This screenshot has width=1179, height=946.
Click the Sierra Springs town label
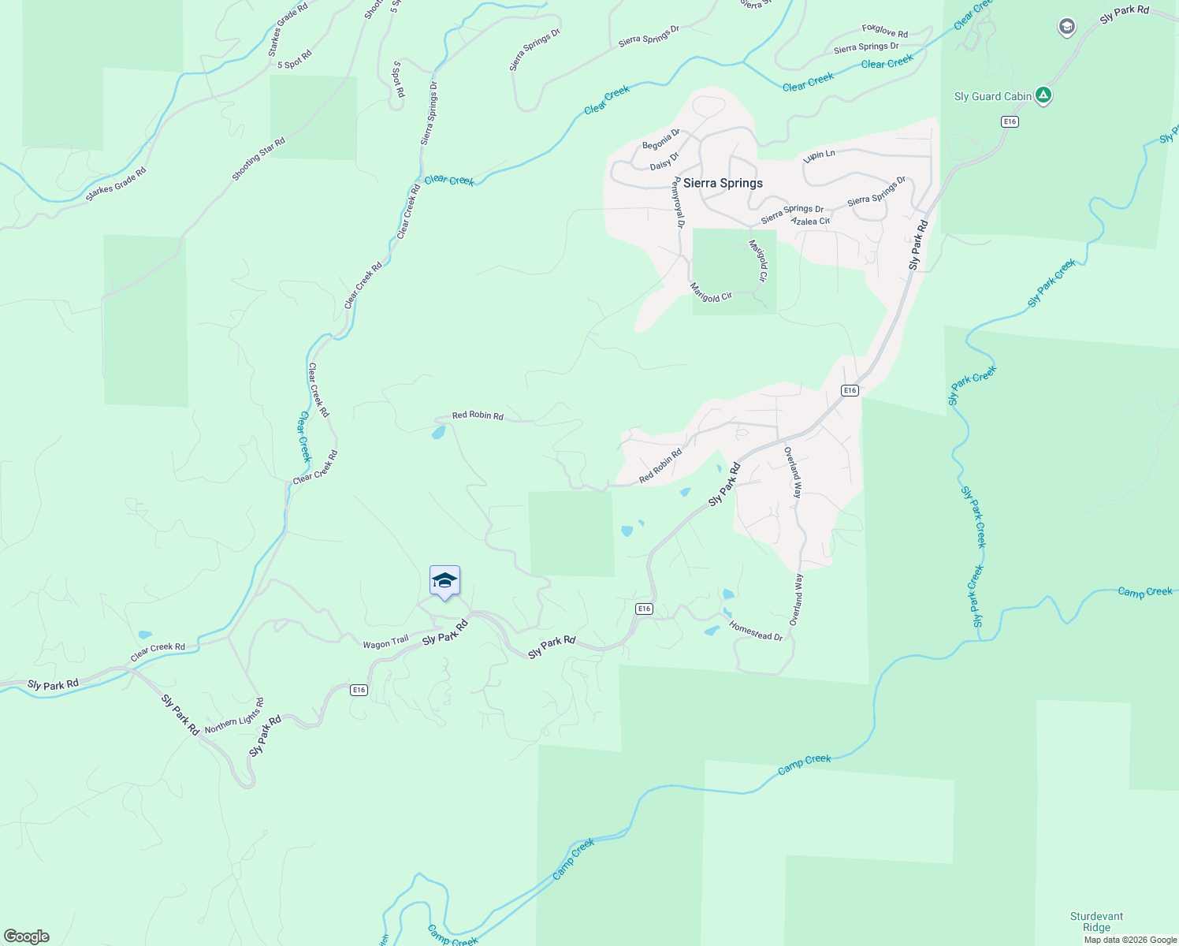(723, 183)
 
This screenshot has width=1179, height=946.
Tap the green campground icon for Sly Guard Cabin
(1043, 95)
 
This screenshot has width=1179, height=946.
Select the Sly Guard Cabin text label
(992, 96)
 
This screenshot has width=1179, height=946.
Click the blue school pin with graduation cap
(444, 582)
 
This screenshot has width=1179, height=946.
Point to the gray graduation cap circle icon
(1066, 28)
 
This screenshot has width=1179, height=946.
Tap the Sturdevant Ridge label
(1096, 922)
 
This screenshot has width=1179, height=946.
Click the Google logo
(27, 937)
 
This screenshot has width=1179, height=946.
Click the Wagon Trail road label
(385, 643)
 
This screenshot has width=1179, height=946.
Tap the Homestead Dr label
(756, 631)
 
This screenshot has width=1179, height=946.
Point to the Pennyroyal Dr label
(677, 203)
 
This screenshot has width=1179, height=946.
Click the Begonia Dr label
(660, 140)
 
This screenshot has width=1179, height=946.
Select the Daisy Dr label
(664, 161)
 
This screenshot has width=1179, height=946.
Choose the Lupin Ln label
(819, 155)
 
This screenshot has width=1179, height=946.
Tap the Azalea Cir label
(810, 222)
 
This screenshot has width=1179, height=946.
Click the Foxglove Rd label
(884, 31)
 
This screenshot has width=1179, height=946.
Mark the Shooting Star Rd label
(258, 158)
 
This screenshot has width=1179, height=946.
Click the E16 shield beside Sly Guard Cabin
(1010, 121)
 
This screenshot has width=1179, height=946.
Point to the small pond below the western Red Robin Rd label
(438, 433)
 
